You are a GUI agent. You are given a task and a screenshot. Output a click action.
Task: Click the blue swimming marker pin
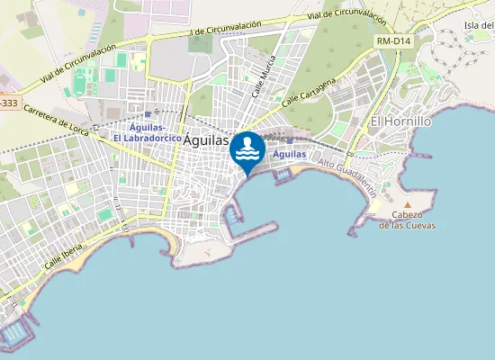coord(247,150)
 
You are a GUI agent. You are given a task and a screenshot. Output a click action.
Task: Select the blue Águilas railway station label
coord(289,154)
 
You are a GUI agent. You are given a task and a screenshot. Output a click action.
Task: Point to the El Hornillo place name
coord(401,121)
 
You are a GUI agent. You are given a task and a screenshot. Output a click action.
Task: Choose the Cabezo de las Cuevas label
coord(407,220)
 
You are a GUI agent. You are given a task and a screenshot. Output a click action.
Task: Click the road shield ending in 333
coord(7,103)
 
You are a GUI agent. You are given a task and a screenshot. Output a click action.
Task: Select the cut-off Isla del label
coord(479,25)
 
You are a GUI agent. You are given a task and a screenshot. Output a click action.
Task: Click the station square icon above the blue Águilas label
coord(289,139)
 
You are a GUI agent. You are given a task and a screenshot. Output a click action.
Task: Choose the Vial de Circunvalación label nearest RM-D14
coord(346,17)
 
